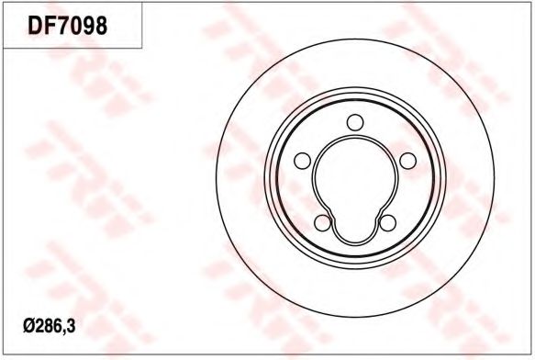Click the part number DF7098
[x=67, y=25]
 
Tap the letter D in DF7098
[x=35, y=25]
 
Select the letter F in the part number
[x=48, y=25]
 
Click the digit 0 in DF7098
[x=74, y=25]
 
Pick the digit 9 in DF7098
[x=88, y=25]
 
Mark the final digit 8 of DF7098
[x=101, y=25]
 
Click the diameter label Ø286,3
[x=50, y=327]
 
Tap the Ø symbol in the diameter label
[x=28, y=327]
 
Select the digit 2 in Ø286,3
[x=38, y=327]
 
